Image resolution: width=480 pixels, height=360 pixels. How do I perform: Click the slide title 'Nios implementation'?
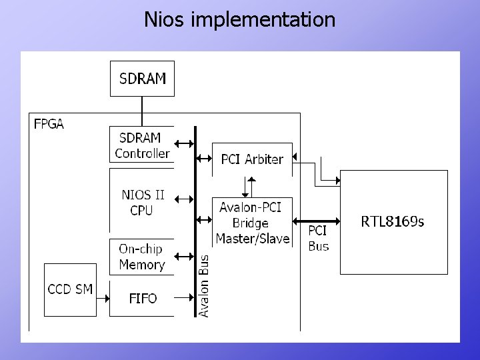pos(240,19)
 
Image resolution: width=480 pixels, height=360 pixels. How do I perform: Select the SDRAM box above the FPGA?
pos(142,79)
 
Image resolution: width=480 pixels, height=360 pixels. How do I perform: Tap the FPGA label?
pos(49,124)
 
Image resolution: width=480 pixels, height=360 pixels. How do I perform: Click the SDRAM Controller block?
pos(141,145)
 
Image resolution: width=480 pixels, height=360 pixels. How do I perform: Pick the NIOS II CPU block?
pos(142,203)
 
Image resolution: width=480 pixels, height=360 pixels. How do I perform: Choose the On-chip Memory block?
pos(141,257)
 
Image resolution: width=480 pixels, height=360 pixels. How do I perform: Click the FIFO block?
pos(142,299)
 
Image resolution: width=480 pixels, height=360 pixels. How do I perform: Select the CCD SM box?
pos(70,290)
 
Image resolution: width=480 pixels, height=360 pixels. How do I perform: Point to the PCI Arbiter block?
pos(252,159)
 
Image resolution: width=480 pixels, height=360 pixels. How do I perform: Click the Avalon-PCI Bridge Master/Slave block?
pos(252,223)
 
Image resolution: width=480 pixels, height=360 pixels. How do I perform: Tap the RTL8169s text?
pos(392,221)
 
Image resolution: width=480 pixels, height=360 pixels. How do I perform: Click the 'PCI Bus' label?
pos(318,238)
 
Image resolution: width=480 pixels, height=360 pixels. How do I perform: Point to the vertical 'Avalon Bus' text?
pos(205,285)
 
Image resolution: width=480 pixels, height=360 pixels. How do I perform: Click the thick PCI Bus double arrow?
pos(317,220)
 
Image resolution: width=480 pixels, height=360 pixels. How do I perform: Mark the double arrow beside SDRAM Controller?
pos(184,143)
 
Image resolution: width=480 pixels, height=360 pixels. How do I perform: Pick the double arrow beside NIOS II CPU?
pos(184,198)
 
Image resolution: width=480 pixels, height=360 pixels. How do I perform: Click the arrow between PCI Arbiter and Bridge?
pos(251,187)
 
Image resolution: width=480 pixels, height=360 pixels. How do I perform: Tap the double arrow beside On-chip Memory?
pos(184,255)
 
